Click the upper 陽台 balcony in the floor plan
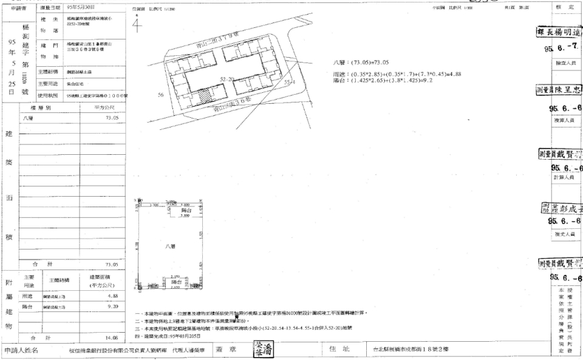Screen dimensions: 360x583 coord(178,210)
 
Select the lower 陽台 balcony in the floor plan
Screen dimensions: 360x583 coord(176,282)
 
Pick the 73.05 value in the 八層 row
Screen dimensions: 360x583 coord(111,118)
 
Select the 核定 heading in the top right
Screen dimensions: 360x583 coord(560,6)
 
